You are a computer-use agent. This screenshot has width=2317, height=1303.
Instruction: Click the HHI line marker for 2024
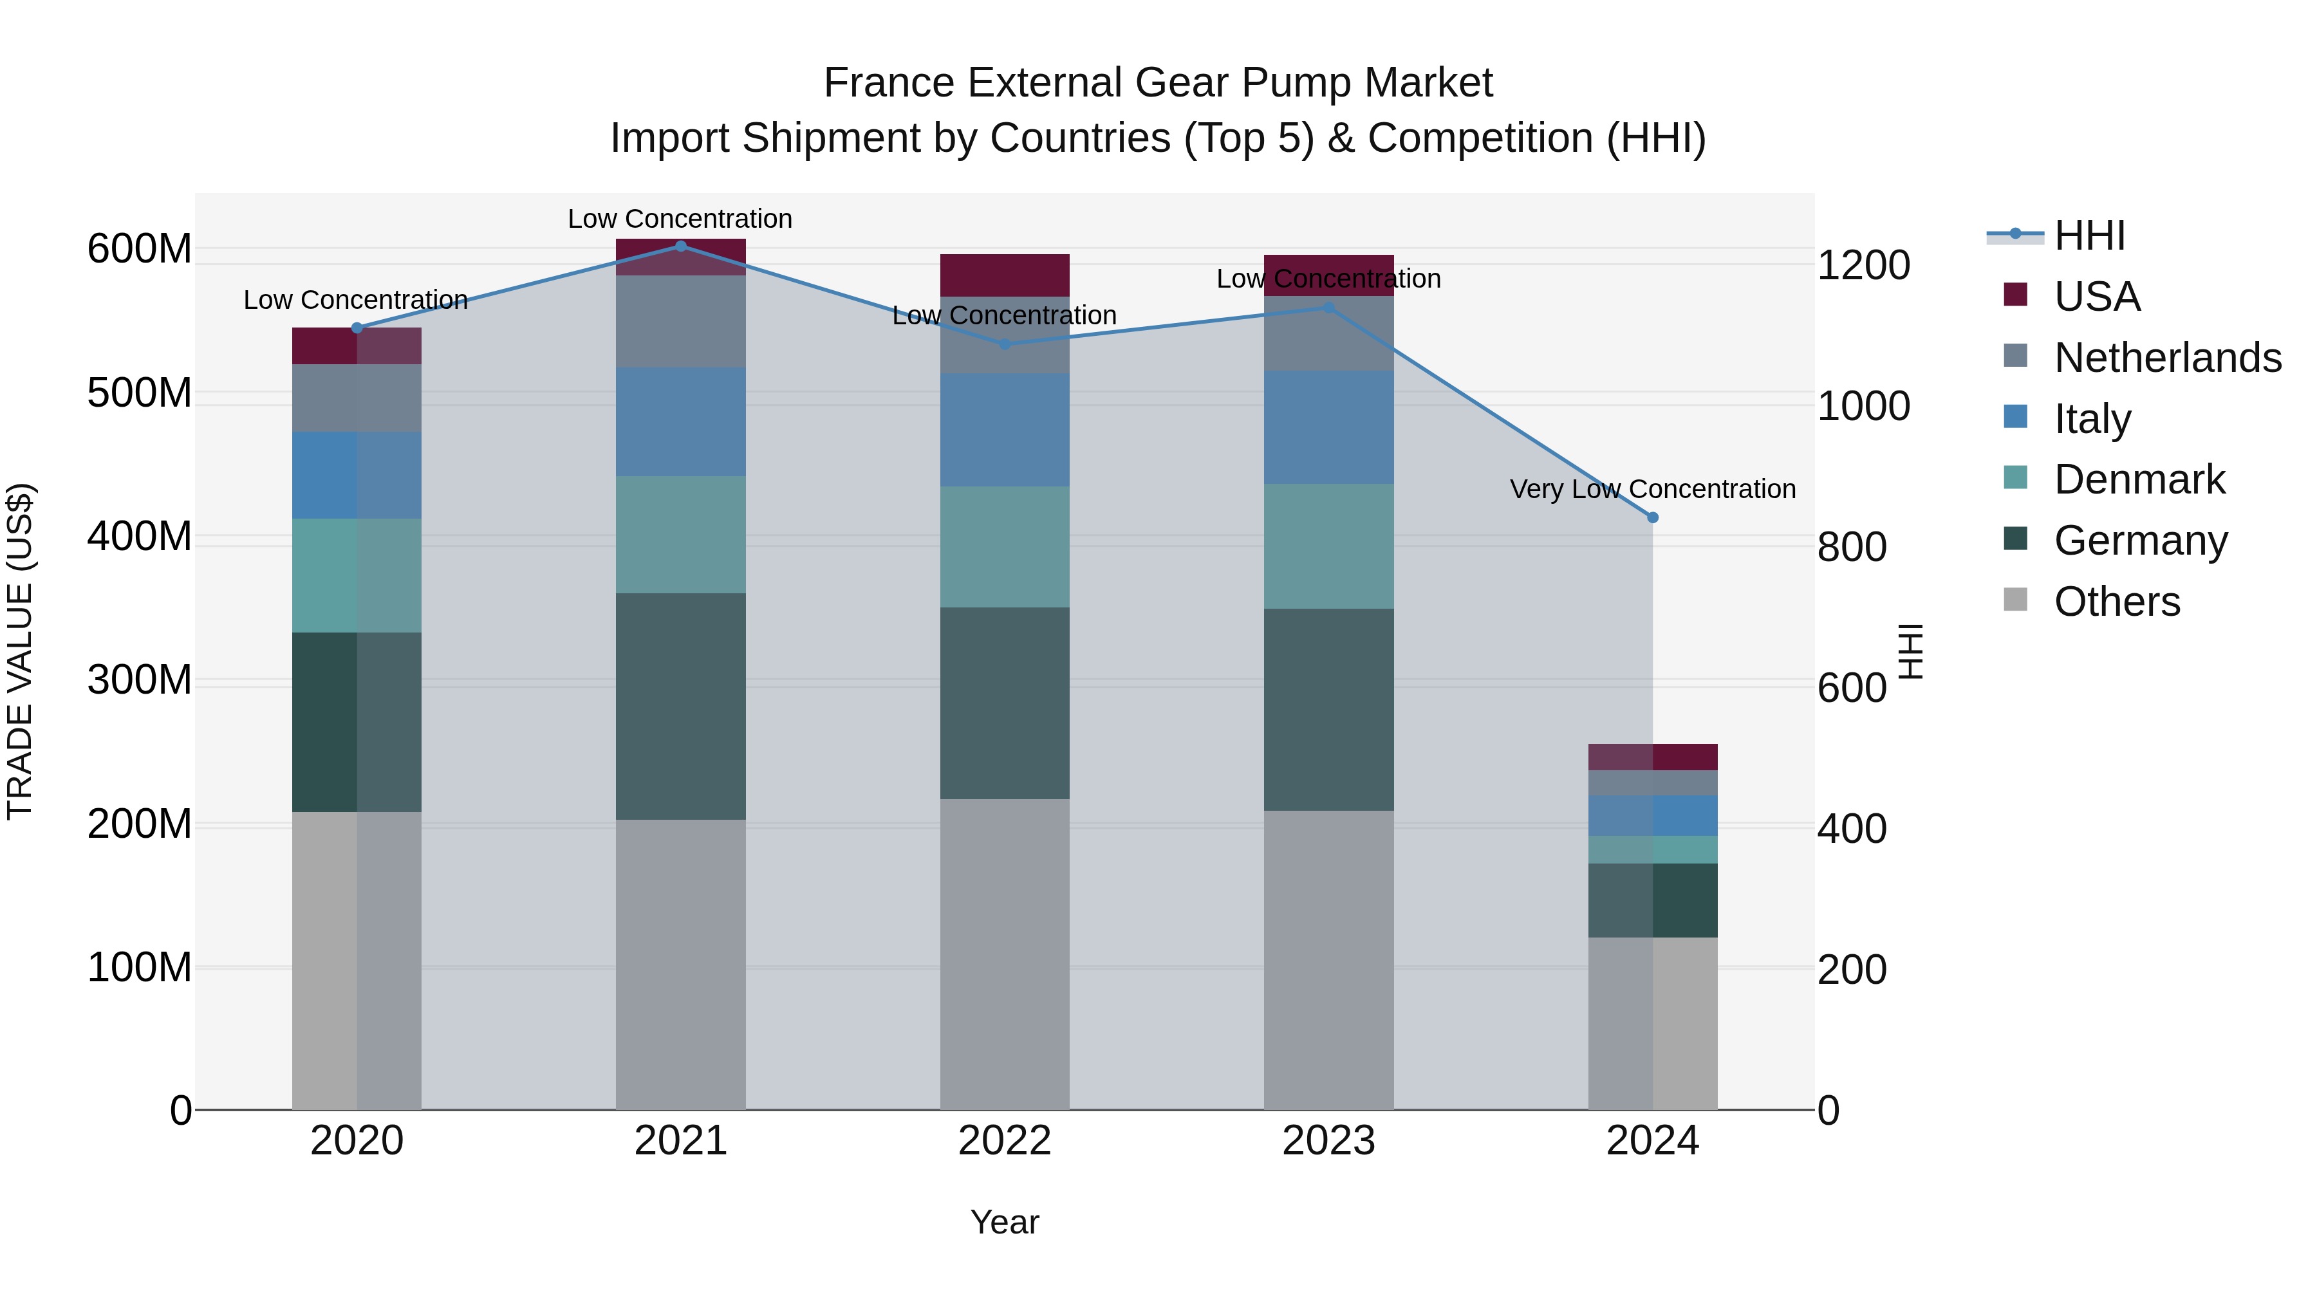coord(1652,518)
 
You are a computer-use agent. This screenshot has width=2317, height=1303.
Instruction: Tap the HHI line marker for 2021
coord(680,246)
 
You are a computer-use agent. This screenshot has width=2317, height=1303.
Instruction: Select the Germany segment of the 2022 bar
coord(1005,703)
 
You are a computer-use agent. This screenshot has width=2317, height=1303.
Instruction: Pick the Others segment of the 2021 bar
coord(680,964)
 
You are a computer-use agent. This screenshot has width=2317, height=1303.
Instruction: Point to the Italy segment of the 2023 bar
coord(1328,427)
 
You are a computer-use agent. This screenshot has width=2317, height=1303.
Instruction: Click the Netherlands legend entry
coord(2168,358)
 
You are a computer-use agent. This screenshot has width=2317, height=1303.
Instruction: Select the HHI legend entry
coord(2089,236)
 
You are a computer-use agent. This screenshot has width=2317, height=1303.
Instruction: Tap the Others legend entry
coord(2116,602)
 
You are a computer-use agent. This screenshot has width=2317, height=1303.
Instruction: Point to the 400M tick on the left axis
coord(140,537)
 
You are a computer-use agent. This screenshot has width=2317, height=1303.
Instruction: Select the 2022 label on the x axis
coord(1005,1141)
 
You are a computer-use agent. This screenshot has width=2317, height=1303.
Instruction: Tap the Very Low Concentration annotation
coord(1652,489)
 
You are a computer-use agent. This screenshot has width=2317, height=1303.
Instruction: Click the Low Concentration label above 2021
coord(680,219)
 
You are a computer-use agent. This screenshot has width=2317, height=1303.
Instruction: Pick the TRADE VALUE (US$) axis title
coord(20,651)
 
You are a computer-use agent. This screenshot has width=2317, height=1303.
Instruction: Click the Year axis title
coord(1005,1222)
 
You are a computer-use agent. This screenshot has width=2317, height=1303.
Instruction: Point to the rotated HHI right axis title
coord(1910,651)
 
